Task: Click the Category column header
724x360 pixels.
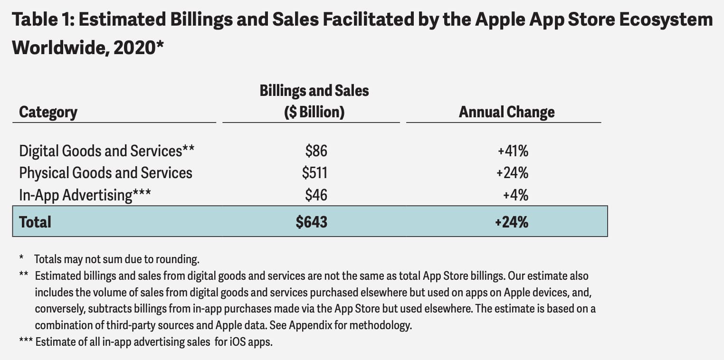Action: tap(48, 112)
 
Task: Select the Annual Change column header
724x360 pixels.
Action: tap(506, 112)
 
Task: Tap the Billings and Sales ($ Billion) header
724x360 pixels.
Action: tap(314, 101)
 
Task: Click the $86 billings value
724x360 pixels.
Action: tap(316, 151)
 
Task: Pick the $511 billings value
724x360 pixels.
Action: tap(314, 172)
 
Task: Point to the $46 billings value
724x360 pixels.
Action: tap(316, 195)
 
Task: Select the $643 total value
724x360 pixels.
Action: tap(312, 222)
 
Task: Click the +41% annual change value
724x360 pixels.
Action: tap(513, 151)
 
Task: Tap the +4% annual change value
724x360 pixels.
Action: tap(516, 195)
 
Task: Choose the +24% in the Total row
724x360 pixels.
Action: tap(512, 222)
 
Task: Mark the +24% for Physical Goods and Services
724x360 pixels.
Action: tap(512, 172)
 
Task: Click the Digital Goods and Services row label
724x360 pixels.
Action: tap(106, 151)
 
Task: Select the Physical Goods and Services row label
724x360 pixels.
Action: tap(105, 172)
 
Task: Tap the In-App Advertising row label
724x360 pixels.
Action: tap(85, 195)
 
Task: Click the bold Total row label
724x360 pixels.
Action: tap(35, 222)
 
